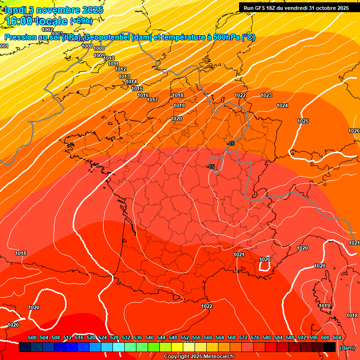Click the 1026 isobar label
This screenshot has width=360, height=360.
click(x=354, y=131)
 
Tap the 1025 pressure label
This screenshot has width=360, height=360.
click(x=303, y=121)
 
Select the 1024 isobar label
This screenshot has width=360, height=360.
click(x=282, y=106)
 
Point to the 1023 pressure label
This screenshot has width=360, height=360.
click(x=266, y=96)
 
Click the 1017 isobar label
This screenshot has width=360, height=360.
click(x=152, y=100)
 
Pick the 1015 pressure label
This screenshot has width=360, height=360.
click(x=137, y=89)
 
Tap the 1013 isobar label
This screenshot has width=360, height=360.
click(x=124, y=77)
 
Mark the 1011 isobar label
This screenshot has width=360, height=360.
click(x=113, y=64)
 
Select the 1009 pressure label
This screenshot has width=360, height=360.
click(x=99, y=56)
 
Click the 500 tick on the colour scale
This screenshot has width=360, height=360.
click(x=32, y=337)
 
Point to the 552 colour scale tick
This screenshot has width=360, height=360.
click(x=185, y=337)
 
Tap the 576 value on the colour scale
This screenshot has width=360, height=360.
click(x=255, y=337)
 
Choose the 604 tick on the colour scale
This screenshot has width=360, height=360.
click(x=337, y=337)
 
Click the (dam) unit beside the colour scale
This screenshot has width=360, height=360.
click(x=347, y=348)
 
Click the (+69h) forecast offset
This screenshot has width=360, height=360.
click(x=81, y=21)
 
